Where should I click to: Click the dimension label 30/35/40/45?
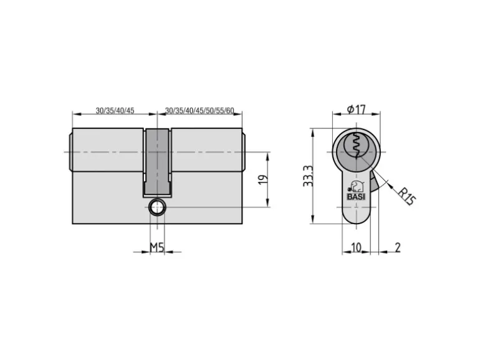tap(115, 110)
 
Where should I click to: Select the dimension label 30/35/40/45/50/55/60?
tap(199, 110)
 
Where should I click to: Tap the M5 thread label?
tap(157, 247)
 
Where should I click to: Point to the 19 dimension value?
tap(263, 179)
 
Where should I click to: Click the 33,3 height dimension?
tap(308, 176)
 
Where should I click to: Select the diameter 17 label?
tap(357, 109)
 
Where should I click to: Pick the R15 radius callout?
tap(407, 196)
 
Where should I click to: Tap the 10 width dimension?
tap(356, 247)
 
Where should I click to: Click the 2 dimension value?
tap(397, 247)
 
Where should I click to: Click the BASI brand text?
tap(356, 197)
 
